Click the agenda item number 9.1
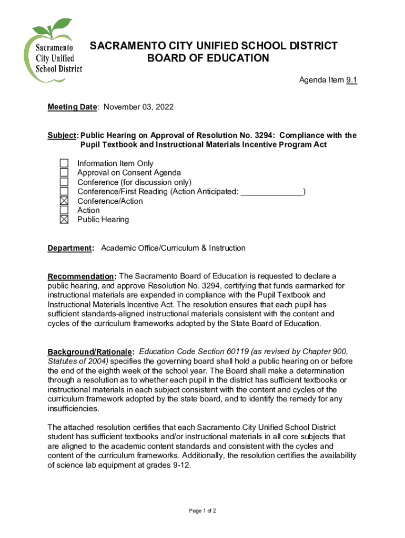tap(351, 80)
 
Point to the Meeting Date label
tap(72, 107)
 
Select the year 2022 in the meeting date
tap(163, 107)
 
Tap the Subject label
tap(62, 136)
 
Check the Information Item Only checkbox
tap(64, 163)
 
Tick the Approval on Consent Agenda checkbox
tap(64, 173)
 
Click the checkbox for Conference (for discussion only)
tap(64, 182)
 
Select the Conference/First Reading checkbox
tap(64, 192)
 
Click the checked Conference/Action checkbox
tap(64, 201)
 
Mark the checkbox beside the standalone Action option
tap(64, 210)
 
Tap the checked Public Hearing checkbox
tap(64, 220)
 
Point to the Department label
tap(70, 248)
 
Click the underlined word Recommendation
tap(82, 277)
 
